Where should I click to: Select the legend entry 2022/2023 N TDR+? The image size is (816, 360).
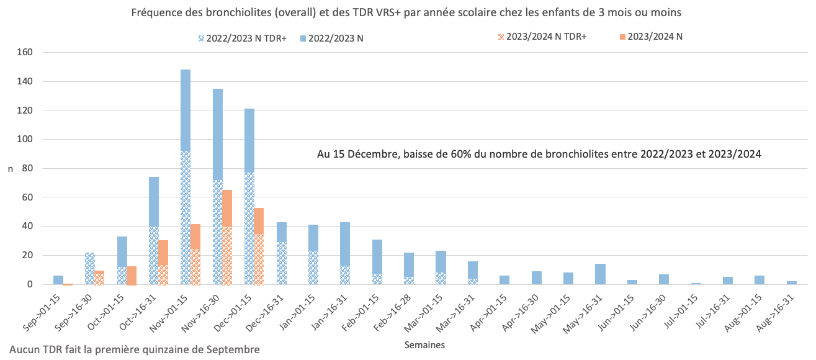[241, 38]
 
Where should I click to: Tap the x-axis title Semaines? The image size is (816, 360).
[424, 343]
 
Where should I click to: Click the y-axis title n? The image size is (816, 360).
[9, 168]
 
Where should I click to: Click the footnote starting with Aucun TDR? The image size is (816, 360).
[135, 350]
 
